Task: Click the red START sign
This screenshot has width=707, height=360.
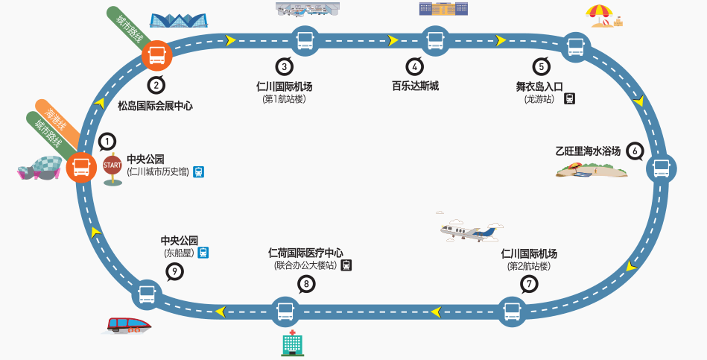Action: (x=112, y=165)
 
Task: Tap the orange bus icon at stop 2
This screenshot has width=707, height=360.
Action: (x=157, y=55)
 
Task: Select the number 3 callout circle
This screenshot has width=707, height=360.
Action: (x=284, y=67)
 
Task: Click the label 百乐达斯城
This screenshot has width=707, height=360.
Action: (x=415, y=86)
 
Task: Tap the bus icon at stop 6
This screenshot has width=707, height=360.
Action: (x=661, y=168)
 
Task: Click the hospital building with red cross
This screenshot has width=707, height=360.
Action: (x=292, y=343)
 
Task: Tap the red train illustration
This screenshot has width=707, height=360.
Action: (x=128, y=325)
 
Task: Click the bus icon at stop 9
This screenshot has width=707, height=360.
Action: (x=147, y=294)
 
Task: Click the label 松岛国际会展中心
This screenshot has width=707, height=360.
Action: (x=155, y=106)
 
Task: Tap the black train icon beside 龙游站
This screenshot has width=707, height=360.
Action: (x=569, y=99)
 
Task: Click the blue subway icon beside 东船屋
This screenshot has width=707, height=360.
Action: (x=203, y=253)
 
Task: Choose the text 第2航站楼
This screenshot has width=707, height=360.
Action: (x=528, y=266)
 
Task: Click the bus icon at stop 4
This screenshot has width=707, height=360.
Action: (x=435, y=40)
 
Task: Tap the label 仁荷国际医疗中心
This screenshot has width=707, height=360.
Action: (x=305, y=253)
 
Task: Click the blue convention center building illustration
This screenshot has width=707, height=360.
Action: (x=179, y=20)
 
